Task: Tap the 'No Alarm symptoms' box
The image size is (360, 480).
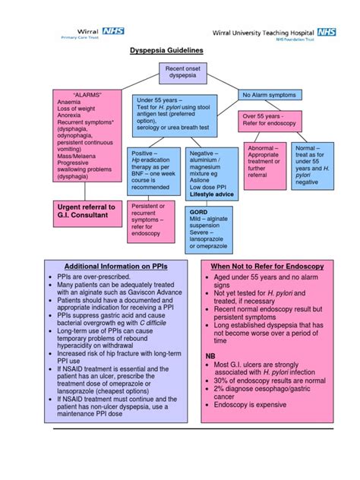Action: pos(269,95)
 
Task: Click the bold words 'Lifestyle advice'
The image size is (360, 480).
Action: pos(212,194)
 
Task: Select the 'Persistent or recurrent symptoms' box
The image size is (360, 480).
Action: pos(155,218)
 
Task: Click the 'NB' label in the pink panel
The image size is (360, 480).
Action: pos(210,355)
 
